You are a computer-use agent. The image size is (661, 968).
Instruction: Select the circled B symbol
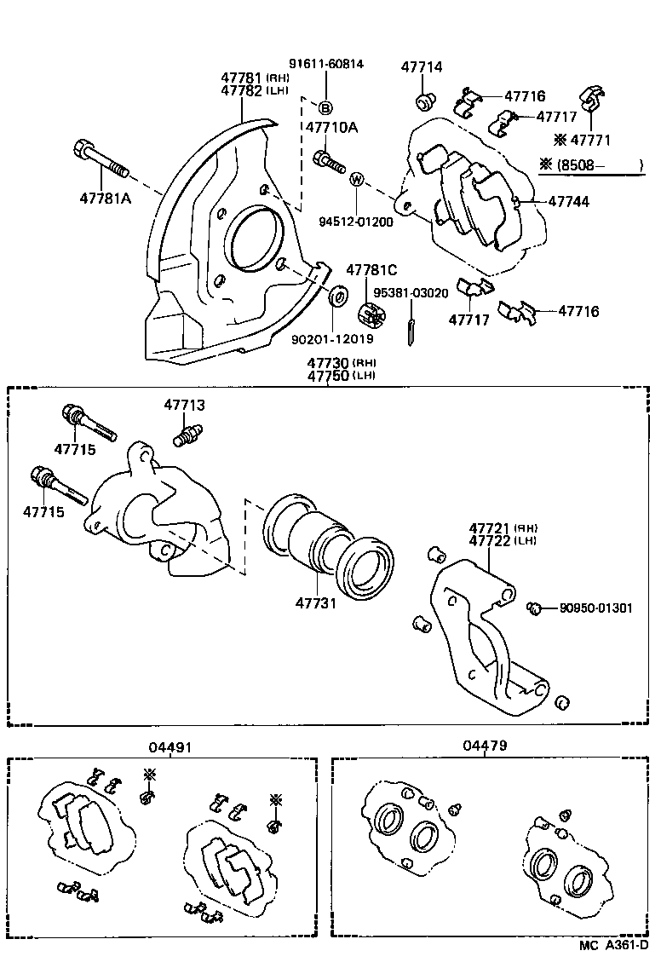(325, 107)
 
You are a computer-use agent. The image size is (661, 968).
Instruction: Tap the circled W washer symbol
(357, 180)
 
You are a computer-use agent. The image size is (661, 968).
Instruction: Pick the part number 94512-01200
(356, 223)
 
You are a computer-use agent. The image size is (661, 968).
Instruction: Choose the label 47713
(183, 406)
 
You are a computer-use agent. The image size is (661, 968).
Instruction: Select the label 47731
(317, 603)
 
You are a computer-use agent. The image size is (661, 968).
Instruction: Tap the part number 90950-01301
(596, 608)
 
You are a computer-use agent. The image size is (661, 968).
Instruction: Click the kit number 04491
(167, 746)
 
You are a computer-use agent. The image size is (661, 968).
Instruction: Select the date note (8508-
(583, 167)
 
